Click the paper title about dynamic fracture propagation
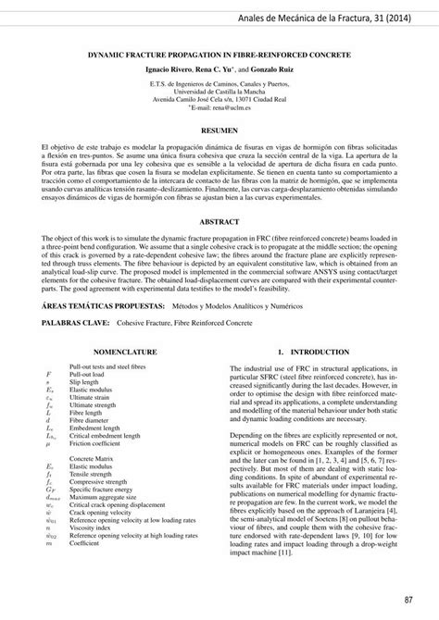tap(219, 56)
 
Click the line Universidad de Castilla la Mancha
tap(219, 92)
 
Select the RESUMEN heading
tap(219, 132)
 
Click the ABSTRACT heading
tap(219, 222)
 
